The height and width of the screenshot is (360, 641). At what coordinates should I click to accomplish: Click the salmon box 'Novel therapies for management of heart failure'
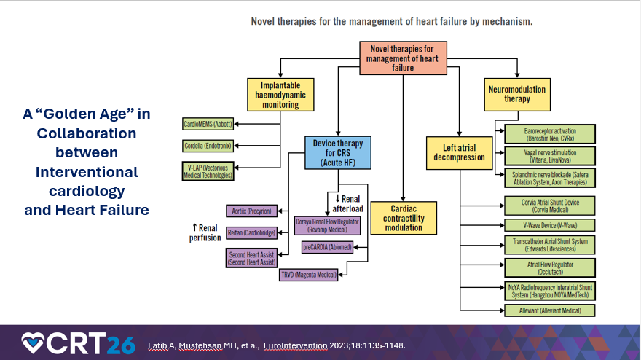pos(402,57)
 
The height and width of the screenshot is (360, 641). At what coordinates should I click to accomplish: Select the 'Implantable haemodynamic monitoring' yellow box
pos(280,95)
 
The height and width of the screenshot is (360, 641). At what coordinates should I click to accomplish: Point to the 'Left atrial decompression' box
pos(459,152)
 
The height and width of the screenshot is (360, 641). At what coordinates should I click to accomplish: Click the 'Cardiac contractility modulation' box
pos(403,217)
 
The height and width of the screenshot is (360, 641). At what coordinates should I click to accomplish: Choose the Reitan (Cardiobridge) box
pos(251,233)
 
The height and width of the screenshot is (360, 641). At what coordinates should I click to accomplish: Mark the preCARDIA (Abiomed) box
pos(327,247)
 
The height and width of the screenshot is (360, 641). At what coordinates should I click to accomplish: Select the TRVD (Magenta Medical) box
pos(308,274)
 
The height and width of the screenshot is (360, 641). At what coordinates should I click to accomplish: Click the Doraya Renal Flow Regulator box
pos(327,224)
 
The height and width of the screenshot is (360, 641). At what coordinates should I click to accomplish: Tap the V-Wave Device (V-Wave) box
pos(550,225)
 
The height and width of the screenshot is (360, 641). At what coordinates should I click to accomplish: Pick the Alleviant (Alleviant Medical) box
pos(550,310)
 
